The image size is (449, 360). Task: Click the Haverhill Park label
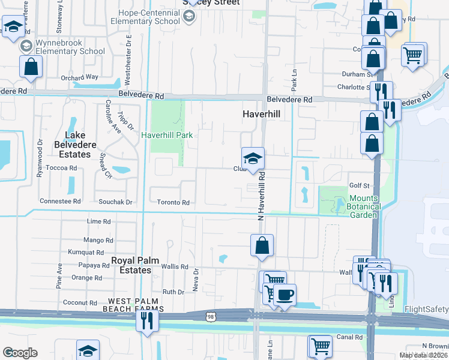pyautogui.click(x=167, y=135)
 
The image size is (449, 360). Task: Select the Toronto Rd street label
pyautogui.click(x=173, y=203)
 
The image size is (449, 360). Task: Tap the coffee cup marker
pyautogui.click(x=286, y=295)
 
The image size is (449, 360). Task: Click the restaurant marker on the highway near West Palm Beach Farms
pyautogui.click(x=147, y=320)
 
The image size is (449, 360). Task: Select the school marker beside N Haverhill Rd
pyautogui.click(x=253, y=159)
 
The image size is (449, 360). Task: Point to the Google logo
pyautogui.click(x=20, y=353)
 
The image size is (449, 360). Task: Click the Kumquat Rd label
pyautogui.click(x=86, y=252)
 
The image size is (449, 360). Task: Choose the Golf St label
pyautogui.click(x=358, y=186)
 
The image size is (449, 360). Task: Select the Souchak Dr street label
pyautogui.click(x=115, y=202)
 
